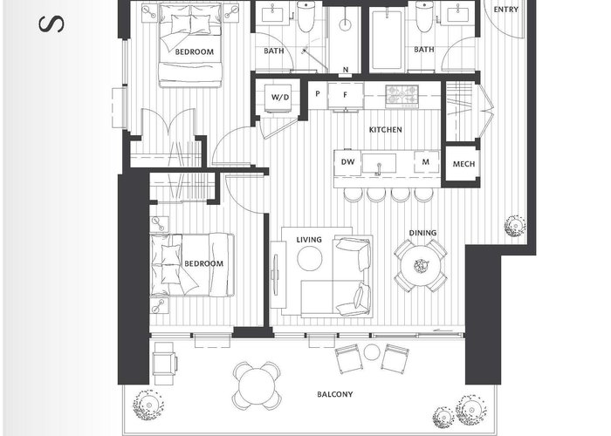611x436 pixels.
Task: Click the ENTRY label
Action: (x=505, y=10)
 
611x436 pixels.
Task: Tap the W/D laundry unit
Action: (x=280, y=98)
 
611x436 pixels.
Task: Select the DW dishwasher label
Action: (x=347, y=161)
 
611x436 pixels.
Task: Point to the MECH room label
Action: (x=463, y=164)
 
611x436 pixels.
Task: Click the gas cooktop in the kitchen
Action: (x=402, y=96)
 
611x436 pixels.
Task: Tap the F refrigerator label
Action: (x=345, y=94)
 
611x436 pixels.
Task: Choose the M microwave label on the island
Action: (x=426, y=161)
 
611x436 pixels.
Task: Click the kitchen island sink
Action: (x=379, y=163)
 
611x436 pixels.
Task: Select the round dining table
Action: (x=421, y=266)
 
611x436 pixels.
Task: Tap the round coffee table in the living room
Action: (x=310, y=258)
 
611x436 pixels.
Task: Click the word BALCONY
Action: (x=334, y=394)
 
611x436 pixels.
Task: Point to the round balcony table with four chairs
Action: (x=257, y=385)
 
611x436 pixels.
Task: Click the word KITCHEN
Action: (x=386, y=130)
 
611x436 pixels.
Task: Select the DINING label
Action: (x=422, y=233)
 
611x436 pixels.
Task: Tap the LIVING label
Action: (x=309, y=240)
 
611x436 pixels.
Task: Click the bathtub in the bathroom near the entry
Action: (x=386, y=41)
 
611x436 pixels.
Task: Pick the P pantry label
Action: (x=318, y=94)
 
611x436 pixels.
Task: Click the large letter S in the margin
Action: (x=51, y=24)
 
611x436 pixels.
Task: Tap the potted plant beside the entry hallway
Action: (x=515, y=226)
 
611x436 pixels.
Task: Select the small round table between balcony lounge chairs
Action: (x=372, y=352)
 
